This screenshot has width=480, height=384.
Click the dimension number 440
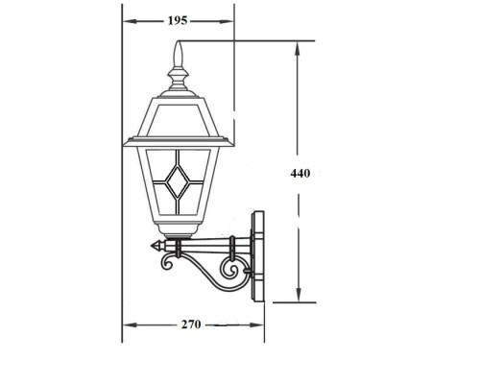[300, 173]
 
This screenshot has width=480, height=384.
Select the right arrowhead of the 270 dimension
[261, 324]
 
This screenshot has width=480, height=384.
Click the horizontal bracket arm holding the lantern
[206, 247]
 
